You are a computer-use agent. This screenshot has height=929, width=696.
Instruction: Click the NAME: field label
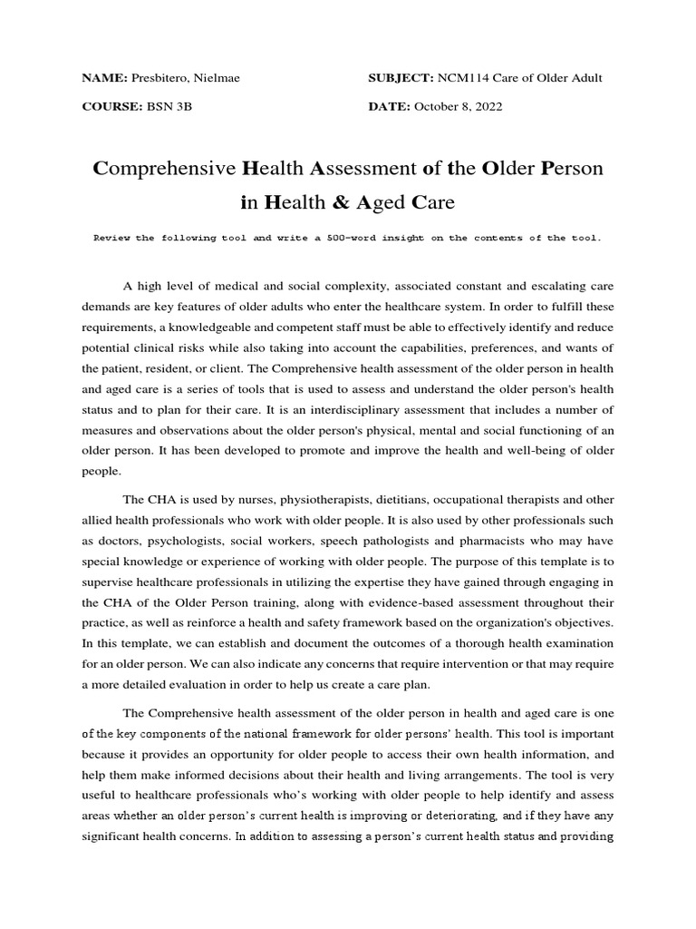106,78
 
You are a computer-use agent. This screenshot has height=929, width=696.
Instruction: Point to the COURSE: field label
112,107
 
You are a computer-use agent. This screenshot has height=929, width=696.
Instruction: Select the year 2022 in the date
486,107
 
